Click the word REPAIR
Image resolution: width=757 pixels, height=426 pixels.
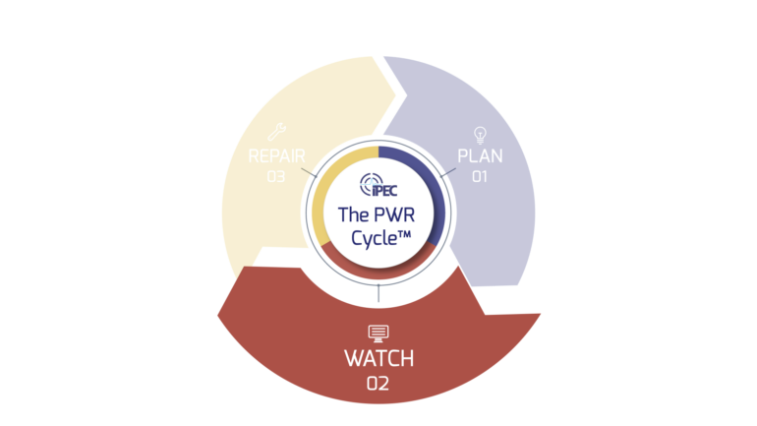275,155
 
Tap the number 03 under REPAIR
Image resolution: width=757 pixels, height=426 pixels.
275,177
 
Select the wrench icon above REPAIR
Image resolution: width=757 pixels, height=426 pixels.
276,132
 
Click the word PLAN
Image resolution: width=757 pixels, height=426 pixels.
480,155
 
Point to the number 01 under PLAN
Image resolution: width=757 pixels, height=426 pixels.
480,177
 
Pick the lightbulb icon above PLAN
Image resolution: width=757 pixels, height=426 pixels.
480,134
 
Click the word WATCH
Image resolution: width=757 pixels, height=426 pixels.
378,358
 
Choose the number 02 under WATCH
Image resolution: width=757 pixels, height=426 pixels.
378,384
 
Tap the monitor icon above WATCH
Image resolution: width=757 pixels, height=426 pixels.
378,333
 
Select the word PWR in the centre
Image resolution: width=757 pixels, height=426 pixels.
396,213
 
